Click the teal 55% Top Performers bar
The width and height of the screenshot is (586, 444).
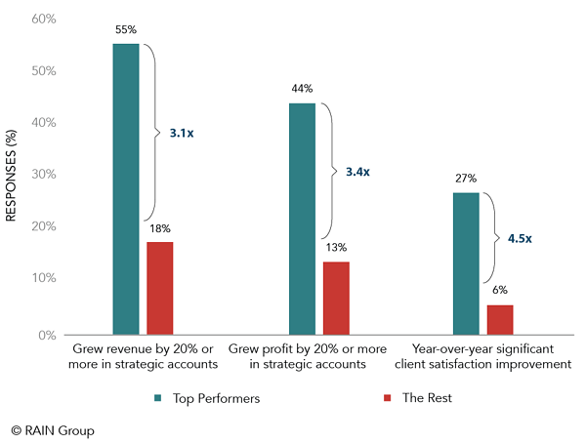pyautogui.click(x=126, y=189)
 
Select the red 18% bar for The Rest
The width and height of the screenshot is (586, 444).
pyautogui.click(x=160, y=288)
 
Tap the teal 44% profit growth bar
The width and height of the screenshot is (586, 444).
pyautogui.click(x=302, y=219)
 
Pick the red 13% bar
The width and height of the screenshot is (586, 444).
pyautogui.click(x=336, y=298)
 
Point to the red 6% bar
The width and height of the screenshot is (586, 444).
pyautogui.click(x=500, y=319)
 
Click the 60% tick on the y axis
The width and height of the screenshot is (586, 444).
pyautogui.click(x=45, y=20)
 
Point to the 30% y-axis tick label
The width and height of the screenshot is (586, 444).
pyautogui.click(x=45, y=175)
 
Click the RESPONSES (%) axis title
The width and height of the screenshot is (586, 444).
pyautogui.click(x=13, y=177)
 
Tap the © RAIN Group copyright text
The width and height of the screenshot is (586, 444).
pyautogui.click(x=53, y=429)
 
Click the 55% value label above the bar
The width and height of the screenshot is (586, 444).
pyautogui.click(x=126, y=31)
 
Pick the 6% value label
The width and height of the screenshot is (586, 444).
pyautogui.click(x=499, y=290)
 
